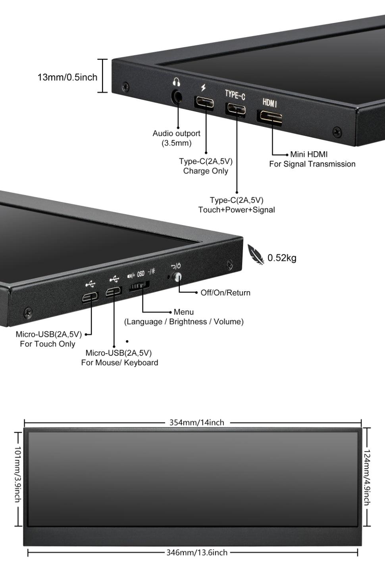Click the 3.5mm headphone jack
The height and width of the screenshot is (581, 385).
(x=177, y=96)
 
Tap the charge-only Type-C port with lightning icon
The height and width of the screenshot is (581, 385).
(x=204, y=102)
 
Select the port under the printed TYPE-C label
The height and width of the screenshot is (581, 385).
(x=235, y=109)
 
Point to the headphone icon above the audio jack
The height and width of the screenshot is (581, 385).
(x=177, y=82)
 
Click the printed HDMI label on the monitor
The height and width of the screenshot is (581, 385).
(x=270, y=103)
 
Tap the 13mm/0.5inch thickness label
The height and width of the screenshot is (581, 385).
(x=67, y=77)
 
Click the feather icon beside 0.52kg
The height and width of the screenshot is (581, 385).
(x=256, y=254)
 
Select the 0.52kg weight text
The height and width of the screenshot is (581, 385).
(x=282, y=258)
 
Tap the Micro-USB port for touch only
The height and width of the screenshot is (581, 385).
(x=90, y=296)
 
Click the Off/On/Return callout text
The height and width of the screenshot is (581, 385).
(x=225, y=293)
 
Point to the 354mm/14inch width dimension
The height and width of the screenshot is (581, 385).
(x=196, y=423)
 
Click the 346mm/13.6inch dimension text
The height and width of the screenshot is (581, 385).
(x=196, y=552)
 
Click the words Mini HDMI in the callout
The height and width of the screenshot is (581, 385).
(x=309, y=154)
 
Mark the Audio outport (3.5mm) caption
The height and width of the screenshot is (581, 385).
(x=176, y=138)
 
